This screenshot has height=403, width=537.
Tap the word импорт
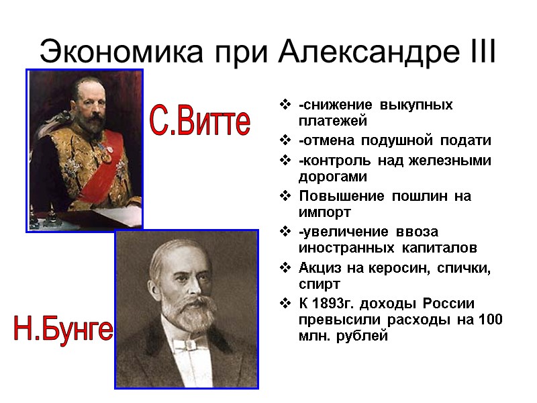click(x=325, y=212)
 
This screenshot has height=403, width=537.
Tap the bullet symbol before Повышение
click(x=286, y=196)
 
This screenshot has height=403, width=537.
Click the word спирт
click(x=320, y=285)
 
